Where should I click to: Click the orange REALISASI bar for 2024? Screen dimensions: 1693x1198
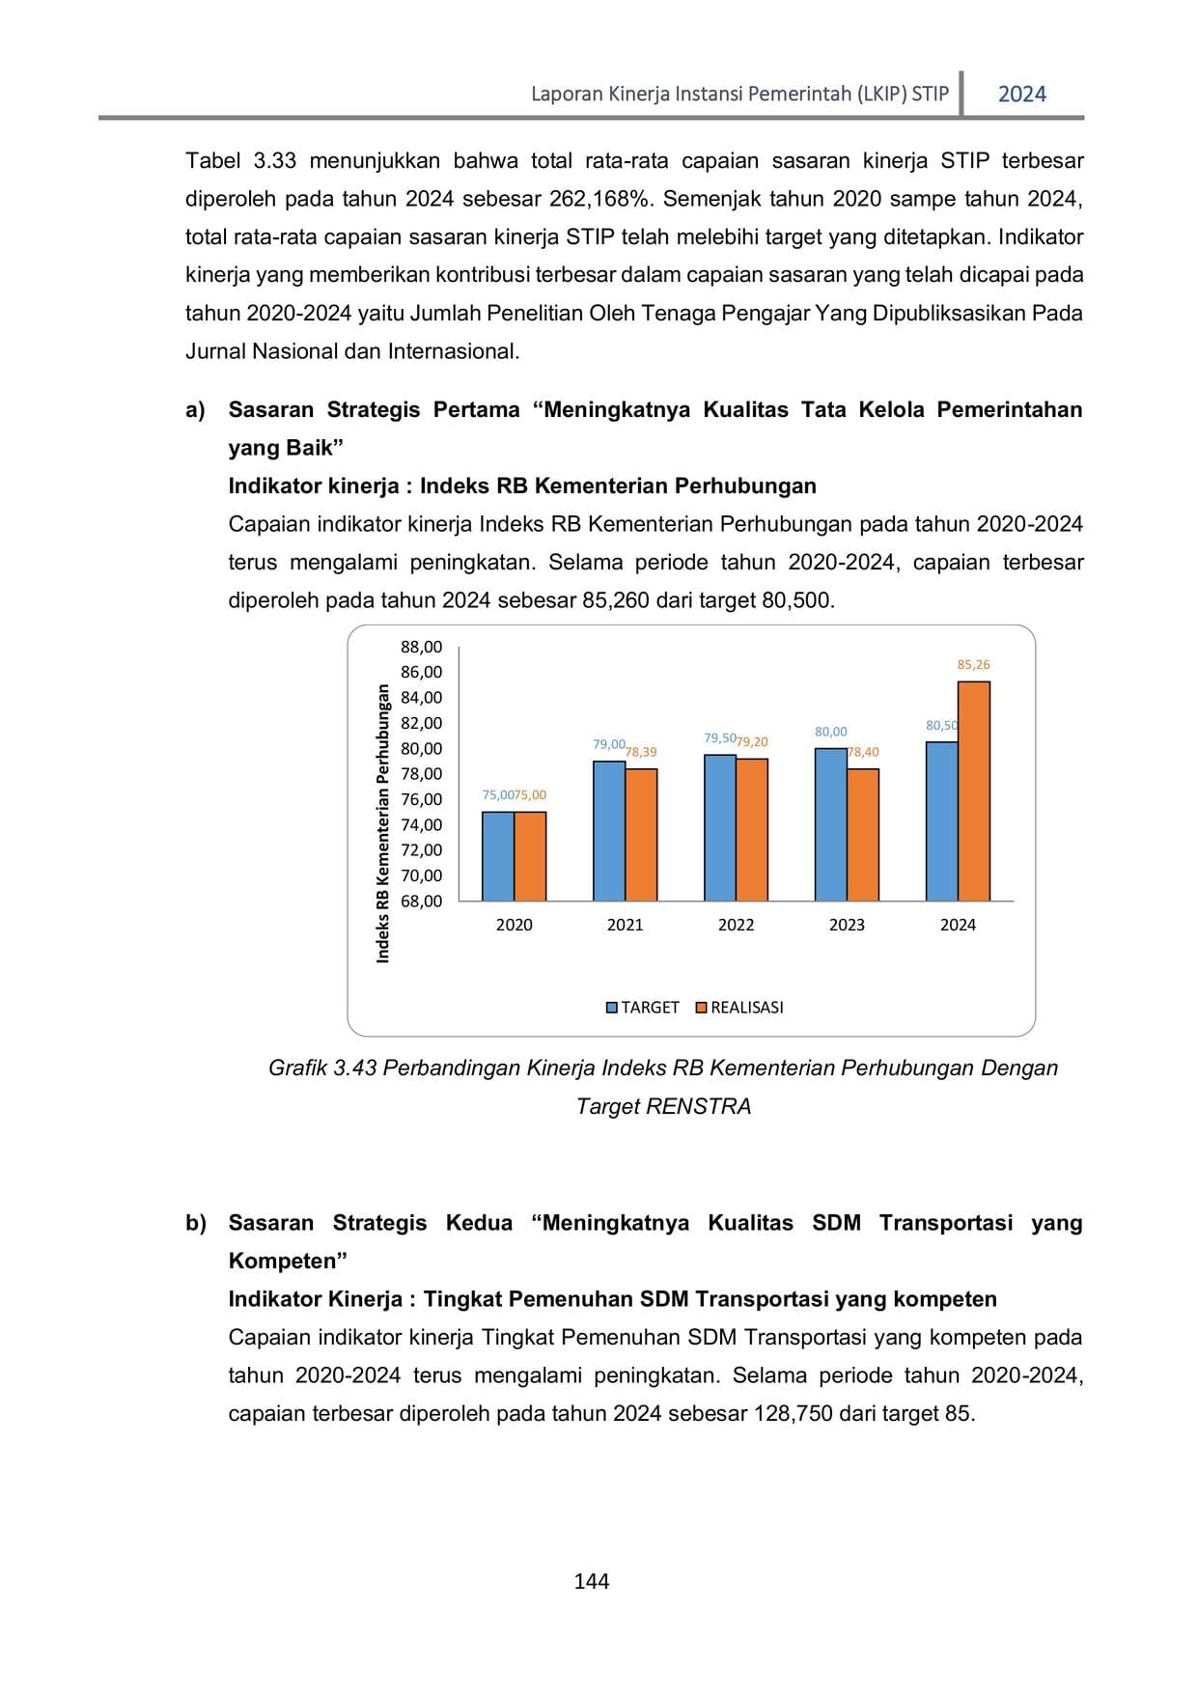click(974, 791)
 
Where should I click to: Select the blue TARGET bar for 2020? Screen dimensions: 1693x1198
click(498, 856)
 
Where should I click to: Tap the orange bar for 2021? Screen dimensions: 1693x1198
click(641, 835)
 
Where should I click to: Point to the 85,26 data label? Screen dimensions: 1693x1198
click(973, 665)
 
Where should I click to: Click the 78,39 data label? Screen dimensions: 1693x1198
click(641, 752)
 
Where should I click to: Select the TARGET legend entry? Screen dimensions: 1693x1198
click(642, 1008)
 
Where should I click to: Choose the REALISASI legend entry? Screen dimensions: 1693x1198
click(739, 1008)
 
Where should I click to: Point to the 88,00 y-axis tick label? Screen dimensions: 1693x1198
click(422, 647)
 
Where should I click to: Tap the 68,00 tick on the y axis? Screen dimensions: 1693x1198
click(422, 902)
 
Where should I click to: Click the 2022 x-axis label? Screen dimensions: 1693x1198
click(736, 925)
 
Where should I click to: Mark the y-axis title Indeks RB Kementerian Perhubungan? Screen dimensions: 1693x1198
click(383, 822)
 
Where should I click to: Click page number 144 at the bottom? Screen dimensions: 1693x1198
click(591, 1581)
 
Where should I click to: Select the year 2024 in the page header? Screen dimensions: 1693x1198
click(1021, 95)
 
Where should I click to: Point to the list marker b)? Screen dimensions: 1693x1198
click(196, 1223)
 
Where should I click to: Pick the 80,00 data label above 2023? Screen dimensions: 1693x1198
click(830, 733)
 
